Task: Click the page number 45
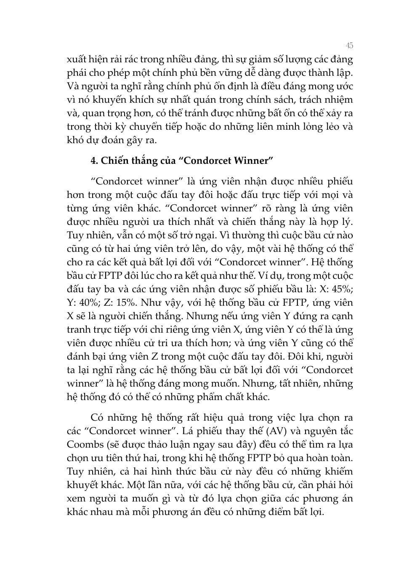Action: (x=349, y=45)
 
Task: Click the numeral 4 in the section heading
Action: (x=93, y=160)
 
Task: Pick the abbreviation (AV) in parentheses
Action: (x=275, y=431)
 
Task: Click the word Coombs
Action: (x=84, y=444)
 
